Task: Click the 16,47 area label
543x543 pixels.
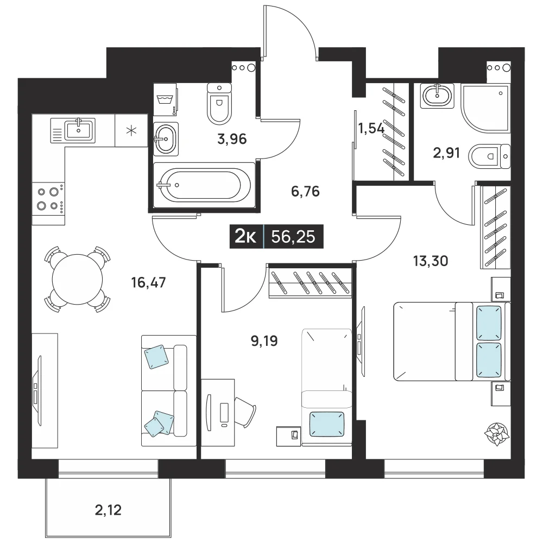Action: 149,283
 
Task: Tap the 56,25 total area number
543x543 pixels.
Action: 293,237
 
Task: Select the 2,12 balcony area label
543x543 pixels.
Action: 108,510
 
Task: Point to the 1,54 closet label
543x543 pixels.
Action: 371,129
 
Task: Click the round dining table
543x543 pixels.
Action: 77,280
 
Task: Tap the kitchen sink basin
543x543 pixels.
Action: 79,130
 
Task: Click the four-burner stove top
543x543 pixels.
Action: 48,199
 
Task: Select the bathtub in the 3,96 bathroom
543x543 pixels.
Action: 204,185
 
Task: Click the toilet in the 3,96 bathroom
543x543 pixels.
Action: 219,103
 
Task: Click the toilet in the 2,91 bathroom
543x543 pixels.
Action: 489,156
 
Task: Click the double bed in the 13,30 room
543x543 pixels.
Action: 452,342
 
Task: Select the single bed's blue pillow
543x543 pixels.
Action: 326,424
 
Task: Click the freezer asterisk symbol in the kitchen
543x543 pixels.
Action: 131,130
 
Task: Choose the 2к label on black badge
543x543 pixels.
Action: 246,237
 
